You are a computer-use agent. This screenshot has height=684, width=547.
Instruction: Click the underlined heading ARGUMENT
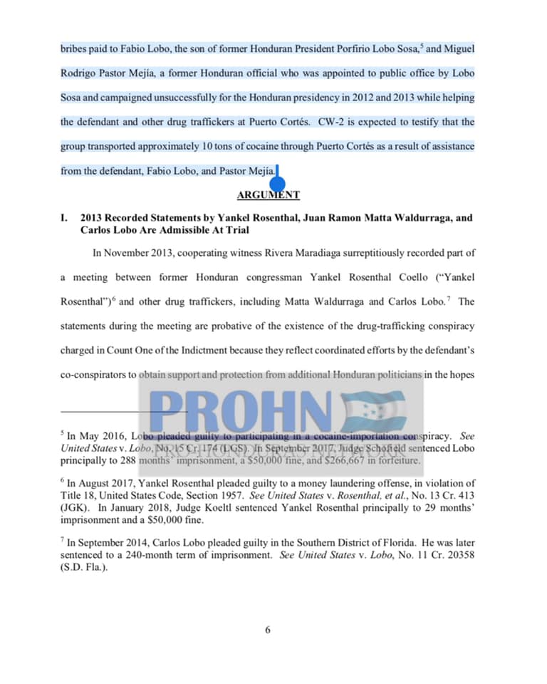pos(268,195)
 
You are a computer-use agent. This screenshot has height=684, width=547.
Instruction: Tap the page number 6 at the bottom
pos(268,629)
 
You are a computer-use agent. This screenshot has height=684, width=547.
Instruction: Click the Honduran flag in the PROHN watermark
pos(374,412)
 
